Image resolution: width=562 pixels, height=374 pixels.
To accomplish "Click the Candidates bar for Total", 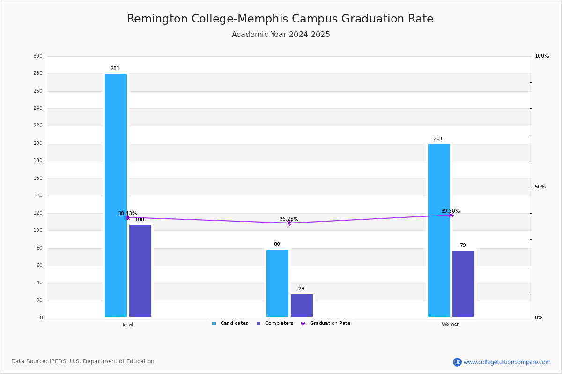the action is (x=116, y=195).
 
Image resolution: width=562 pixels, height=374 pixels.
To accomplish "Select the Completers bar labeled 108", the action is (x=140, y=271).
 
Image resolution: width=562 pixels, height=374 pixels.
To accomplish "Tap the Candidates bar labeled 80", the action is (x=277, y=283).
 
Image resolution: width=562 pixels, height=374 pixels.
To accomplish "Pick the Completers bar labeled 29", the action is (x=302, y=306).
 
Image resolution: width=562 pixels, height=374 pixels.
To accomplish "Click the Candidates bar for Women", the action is (x=439, y=230).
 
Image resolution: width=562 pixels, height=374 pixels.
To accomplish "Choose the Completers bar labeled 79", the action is (x=463, y=284).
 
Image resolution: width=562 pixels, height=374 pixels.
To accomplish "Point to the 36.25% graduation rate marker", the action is (x=289, y=223).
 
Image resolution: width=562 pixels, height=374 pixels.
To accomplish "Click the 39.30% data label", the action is (x=451, y=211).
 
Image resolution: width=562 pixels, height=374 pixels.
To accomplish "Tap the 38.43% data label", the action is (x=127, y=213).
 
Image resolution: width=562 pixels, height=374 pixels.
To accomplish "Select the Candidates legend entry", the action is (x=230, y=323).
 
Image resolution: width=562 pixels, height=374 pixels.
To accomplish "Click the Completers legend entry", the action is (x=275, y=323).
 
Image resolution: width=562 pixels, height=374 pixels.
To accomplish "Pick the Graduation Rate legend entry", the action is (x=325, y=323).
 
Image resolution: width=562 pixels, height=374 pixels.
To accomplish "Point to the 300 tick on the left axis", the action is (x=38, y=56).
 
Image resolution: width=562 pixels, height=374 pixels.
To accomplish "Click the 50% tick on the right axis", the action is (x=540, y=187).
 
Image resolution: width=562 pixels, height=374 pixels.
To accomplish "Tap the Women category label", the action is (x=451, y=324).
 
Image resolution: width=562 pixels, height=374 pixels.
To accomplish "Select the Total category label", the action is (x=127, y=324).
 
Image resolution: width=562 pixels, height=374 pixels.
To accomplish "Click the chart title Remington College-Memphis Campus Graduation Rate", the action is (x=280, y=19).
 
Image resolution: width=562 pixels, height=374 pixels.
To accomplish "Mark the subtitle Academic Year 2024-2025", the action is (x=281, y=34).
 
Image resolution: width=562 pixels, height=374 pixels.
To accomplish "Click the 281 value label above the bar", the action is (x=115, y=68).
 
